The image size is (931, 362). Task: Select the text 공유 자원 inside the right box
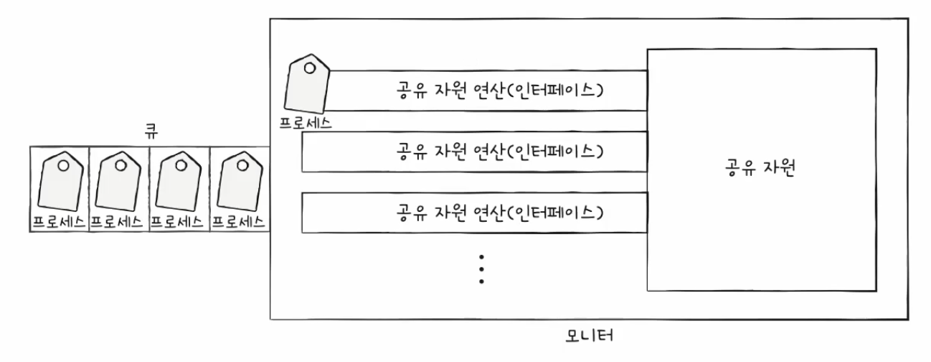[x=762, y=171]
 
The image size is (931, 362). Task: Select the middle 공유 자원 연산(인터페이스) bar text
[x=498, y=152]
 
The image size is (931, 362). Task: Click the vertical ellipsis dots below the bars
[x=482, y=269]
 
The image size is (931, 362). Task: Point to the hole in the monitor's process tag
[x=310, y=68]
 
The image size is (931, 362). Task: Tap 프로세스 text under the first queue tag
[x=59, y=220]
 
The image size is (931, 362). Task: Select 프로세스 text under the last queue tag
[x=240, y=220]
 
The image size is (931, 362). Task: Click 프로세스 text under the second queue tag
[x=118, y=220]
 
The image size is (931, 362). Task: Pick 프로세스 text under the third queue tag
[x=179, y=220]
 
